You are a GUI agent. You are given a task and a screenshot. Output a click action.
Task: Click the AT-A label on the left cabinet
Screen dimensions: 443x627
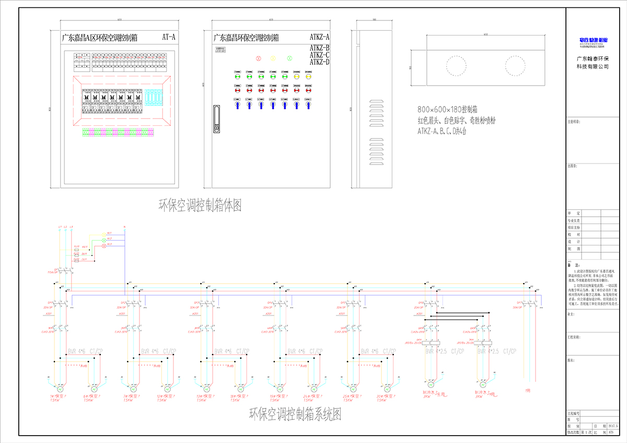[x=169, y=37]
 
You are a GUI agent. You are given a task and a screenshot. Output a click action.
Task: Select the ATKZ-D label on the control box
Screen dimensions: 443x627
[x=319, y=62]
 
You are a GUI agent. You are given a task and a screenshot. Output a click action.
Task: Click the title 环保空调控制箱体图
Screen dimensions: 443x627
[x=200, y=205]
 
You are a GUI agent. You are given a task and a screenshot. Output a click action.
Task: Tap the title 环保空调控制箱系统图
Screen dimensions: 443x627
[x=295, y=415]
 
